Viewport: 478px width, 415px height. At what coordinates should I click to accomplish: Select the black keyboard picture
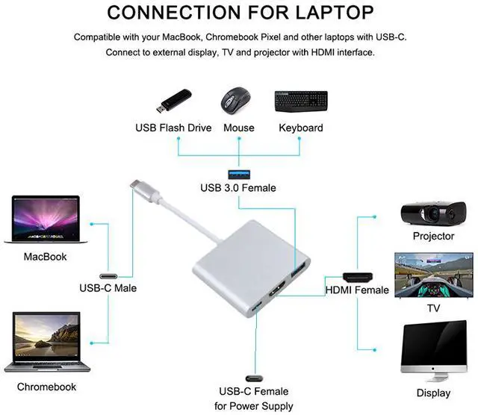(301, 101)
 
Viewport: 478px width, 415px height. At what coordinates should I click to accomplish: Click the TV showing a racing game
(434, 275)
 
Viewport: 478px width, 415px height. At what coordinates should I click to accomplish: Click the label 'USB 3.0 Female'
(238, 188)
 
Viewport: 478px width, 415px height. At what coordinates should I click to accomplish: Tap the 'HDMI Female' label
(357, 290)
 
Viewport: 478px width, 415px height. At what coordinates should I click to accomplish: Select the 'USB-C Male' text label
(108, 287)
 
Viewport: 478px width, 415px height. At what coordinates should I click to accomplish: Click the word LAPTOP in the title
(323, 13)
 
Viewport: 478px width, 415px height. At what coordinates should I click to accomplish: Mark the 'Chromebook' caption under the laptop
(46, 387)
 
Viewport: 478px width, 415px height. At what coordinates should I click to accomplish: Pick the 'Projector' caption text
(433, 236)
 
